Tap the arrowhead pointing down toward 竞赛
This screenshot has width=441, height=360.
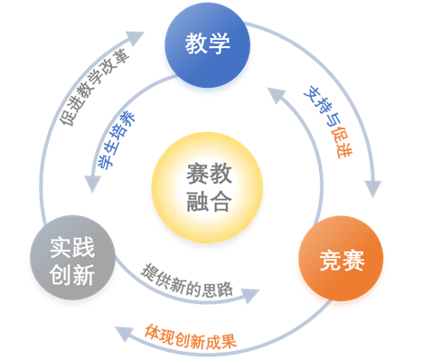pos(370,194)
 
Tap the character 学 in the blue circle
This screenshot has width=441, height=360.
pos(219,44)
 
